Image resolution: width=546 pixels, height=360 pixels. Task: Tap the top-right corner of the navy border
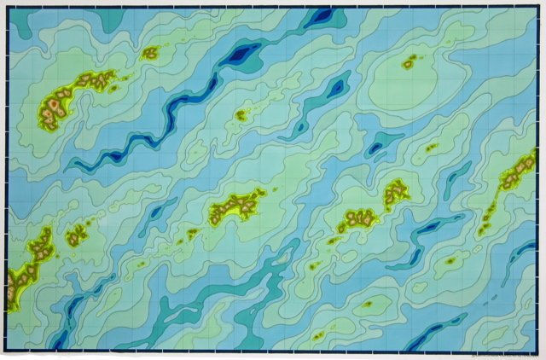(x=538, y=9)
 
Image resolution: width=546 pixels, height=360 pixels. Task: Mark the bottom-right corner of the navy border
(x=538, y=351)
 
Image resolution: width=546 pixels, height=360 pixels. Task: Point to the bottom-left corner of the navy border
(x=7, y=351)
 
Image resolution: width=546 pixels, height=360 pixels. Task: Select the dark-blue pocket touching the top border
(x=322, y=15)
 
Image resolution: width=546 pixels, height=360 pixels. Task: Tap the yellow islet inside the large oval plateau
(x=409, y=61)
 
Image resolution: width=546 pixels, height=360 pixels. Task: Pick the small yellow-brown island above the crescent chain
(x=150, y=53)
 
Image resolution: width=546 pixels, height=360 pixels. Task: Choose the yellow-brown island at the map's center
(x=236, y=205)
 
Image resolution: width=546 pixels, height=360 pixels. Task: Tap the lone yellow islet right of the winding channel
(x=241, y=114)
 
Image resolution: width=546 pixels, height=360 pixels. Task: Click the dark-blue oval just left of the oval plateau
(x=337, y=85)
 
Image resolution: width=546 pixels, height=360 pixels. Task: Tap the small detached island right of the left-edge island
(x=77, y=235)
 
